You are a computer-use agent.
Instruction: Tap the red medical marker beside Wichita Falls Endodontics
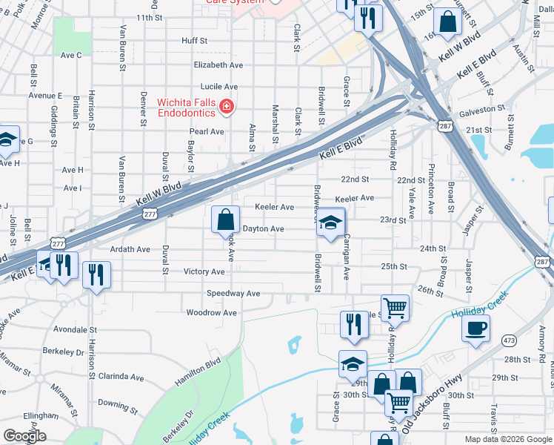click(227, 109)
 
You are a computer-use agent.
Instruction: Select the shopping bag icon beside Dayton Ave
click(226, 220)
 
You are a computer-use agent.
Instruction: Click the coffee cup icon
click(475, 328)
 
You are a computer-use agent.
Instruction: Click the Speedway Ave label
click(233, 294)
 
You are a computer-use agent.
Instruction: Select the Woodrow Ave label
click(212, 313)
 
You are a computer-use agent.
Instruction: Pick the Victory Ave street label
click(204, 272)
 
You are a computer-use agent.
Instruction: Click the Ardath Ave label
click(130, 250)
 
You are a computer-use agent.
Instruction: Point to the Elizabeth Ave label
click(218, 65)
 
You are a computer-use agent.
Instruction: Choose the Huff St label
click(195, 42)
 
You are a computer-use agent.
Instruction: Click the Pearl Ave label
click(207, 132)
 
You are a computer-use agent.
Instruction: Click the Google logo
click(24, 436)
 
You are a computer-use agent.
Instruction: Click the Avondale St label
click(76, 329)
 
